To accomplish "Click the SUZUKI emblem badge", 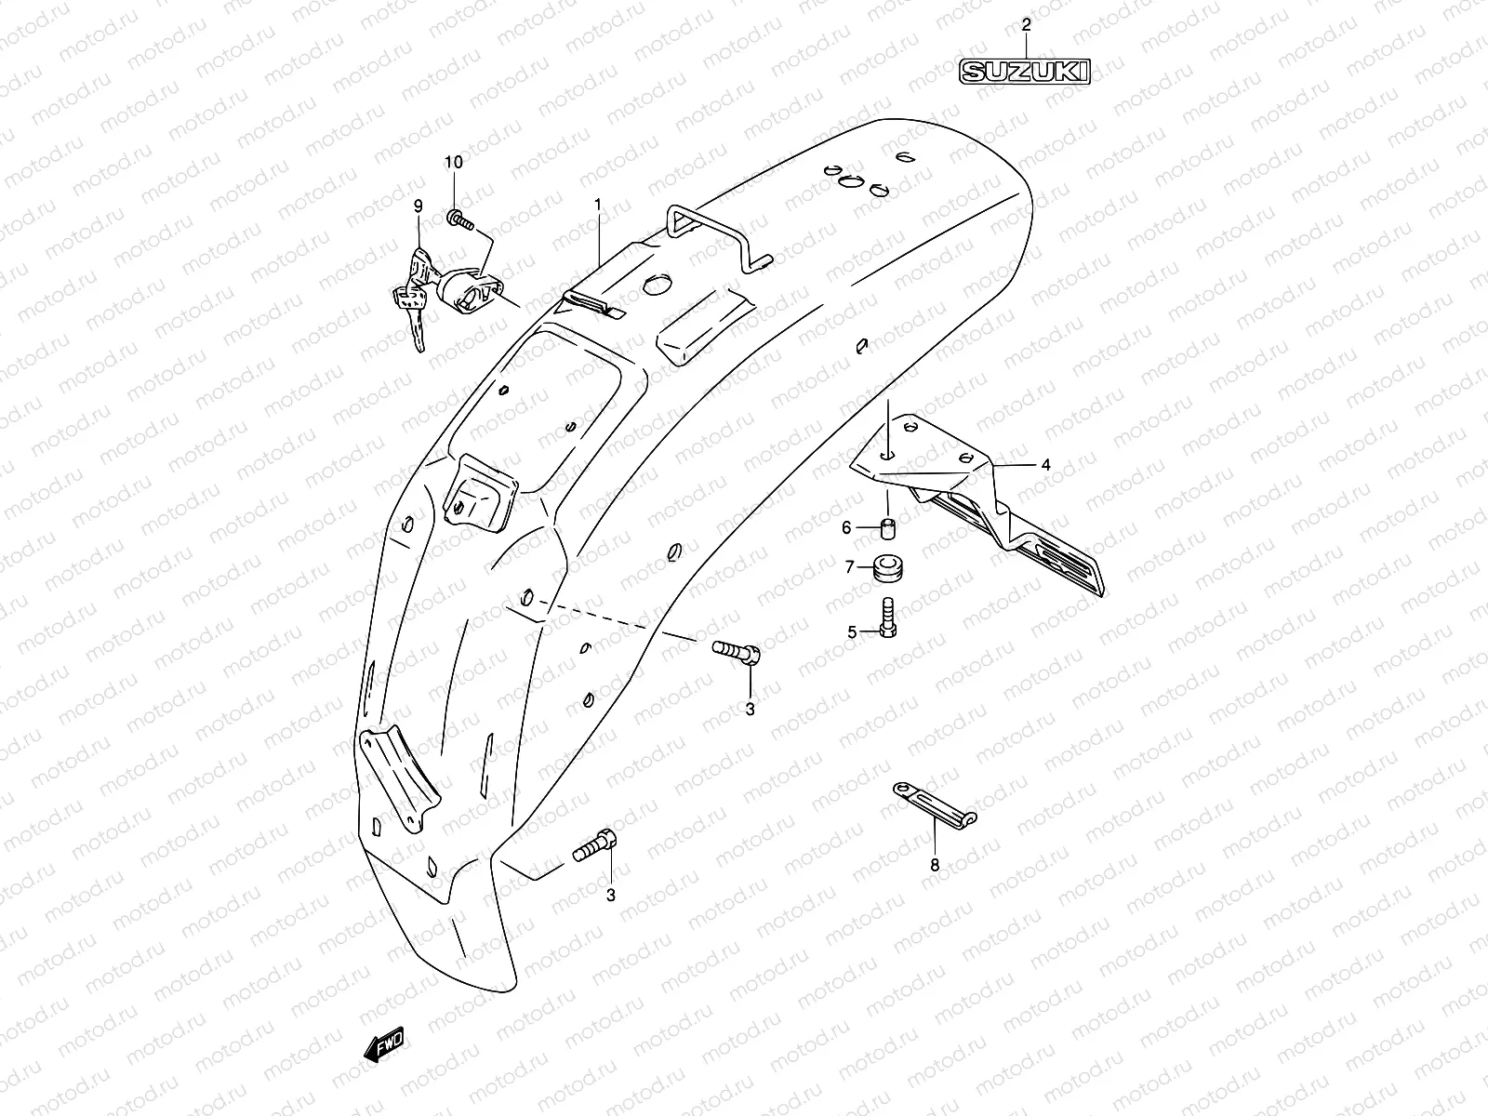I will click(1025, 71).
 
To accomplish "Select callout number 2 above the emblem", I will click(1026, 25).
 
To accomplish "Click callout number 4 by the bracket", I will click(1045, 464).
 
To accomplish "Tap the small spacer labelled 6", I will click(887, 533).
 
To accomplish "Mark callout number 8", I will click(935, 865).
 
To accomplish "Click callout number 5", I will click(851, 632).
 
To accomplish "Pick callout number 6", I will click(846, 527).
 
